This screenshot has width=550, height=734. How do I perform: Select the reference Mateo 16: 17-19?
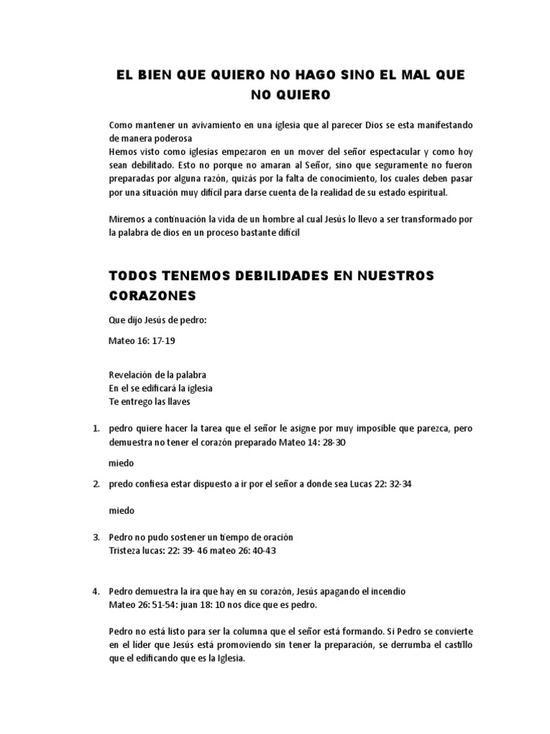(142, 341)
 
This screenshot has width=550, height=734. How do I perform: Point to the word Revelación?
(131, 375)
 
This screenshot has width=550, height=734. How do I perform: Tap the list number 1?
(95, 429)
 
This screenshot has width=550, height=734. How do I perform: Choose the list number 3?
(95, 537)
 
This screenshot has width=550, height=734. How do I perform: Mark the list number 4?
(95, 592)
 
